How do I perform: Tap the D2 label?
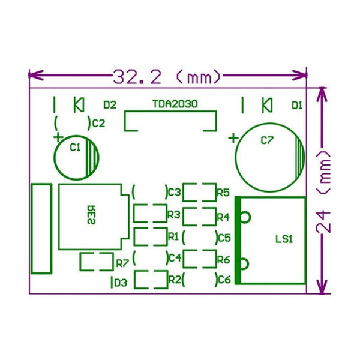[109, 105]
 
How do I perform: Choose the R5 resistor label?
[223, 193]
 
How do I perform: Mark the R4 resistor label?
[223, 216]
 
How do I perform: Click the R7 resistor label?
[122, 263]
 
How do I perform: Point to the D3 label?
[120, 282]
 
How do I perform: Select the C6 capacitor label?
[224, 280]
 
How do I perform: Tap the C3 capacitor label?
[175, 193]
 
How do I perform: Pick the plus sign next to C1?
[58, 137]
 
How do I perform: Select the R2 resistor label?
[175, 279]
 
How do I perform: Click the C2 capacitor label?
[98, 124]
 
